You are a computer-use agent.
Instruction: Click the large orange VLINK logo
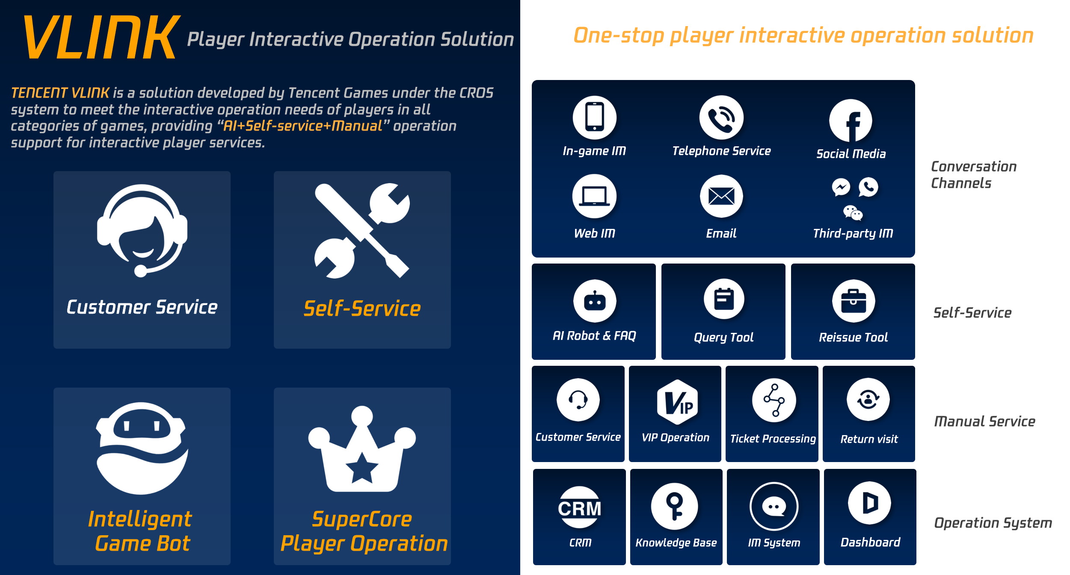point(101,37)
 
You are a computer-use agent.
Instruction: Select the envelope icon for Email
point(721,196)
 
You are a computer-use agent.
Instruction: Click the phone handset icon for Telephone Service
point(721,118)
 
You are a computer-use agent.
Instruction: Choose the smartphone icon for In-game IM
point(594,117)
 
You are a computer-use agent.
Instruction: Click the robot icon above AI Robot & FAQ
point(595,301)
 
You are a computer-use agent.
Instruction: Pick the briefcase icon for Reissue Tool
point(854,301)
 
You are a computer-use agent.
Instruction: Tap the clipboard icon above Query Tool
point(724,299)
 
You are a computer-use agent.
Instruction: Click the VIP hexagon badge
point(677,402)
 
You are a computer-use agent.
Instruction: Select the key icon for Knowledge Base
point(675,507)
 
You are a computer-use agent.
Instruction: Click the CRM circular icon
point(580,508)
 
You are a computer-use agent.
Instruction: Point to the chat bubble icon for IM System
point(774,507)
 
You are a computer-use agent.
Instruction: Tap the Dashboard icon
point(869,503)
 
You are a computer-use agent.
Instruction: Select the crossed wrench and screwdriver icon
point(362,231)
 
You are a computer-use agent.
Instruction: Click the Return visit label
point(869,439)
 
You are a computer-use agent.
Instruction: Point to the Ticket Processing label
point(773,439)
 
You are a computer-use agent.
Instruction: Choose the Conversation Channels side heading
point(973,175)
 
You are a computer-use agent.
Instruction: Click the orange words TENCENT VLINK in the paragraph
point(60,93)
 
